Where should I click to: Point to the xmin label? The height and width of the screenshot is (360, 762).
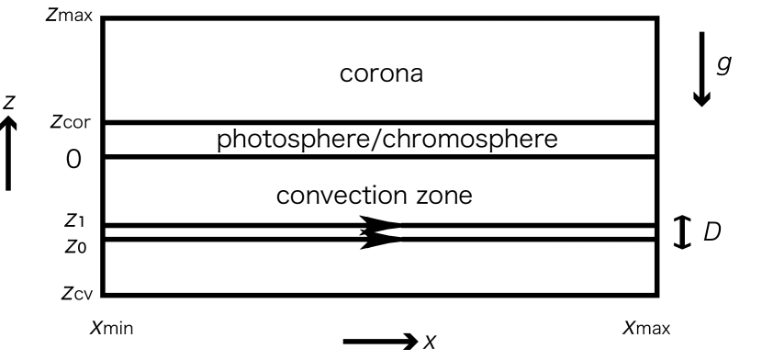tap(117, 327)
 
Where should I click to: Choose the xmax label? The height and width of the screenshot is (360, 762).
tap(645, 327)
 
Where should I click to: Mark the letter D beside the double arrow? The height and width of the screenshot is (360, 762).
tap(712, 232)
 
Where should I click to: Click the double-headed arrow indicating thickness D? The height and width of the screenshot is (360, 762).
tap(681, 231)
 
